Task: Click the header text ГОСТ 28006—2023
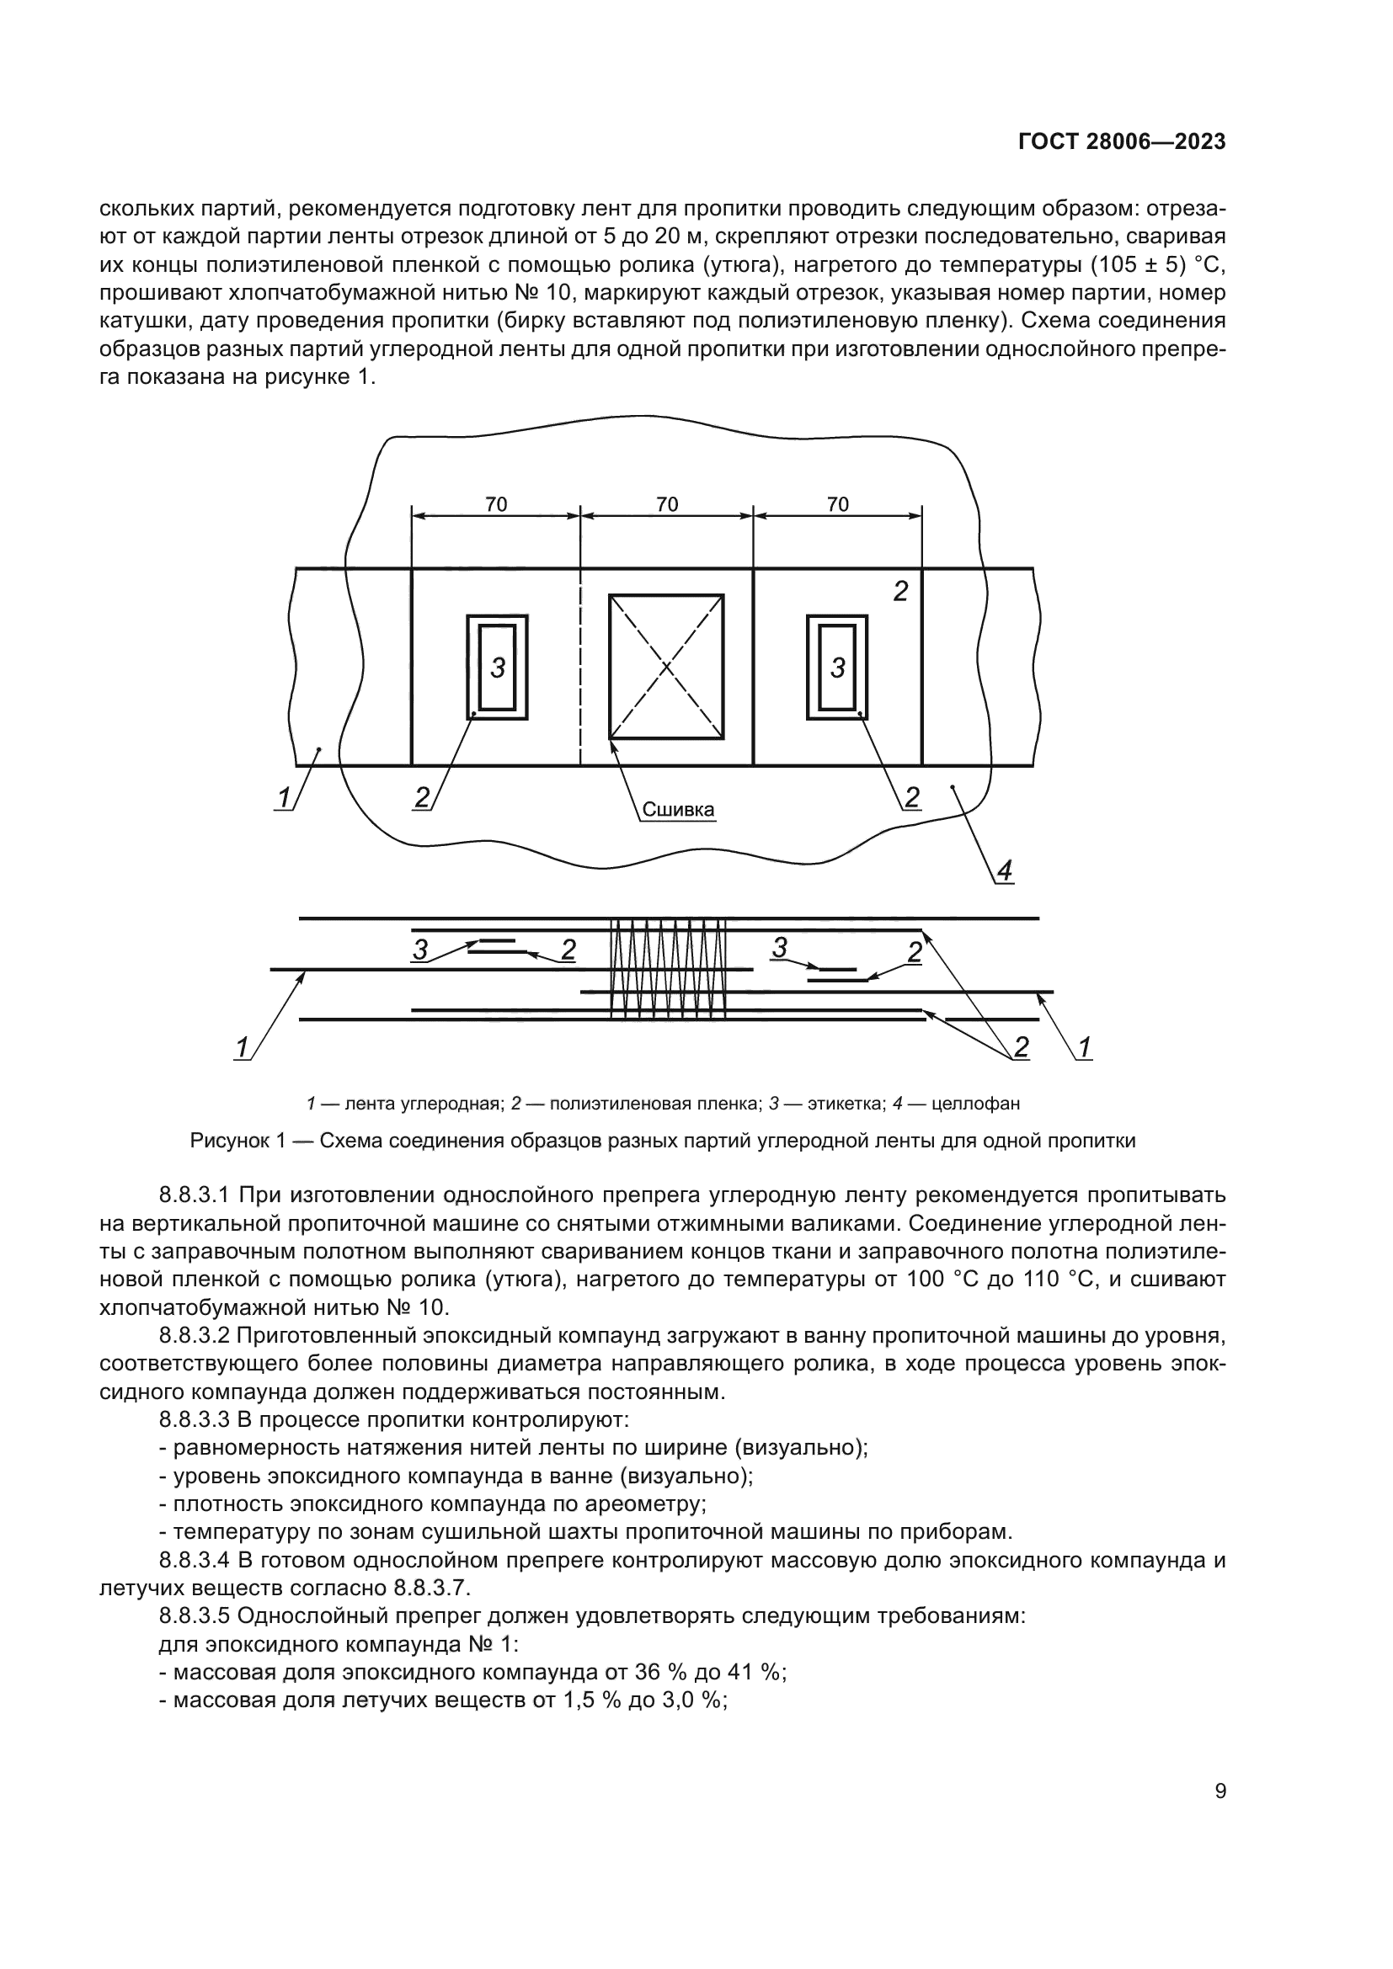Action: pyautogui.click(x=1122, y=142)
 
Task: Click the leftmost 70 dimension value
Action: pyautogui.click(x=496, y=504)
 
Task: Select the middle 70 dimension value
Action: pyautogui.click(x=666, y=504)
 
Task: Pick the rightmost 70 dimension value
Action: pyautogui.click(x=837, y=504)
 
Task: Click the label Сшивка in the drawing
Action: pyautogui.click(x=679, y=810)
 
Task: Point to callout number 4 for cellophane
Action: pyautogui.click(x=1004, y=871)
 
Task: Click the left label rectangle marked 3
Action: pyautogui.click(x=498, y=668)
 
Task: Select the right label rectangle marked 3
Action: pyautogui.click(x=838, y=668)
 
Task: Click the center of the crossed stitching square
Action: pyautogui.click(x=666, y=668)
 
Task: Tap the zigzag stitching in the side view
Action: pyautogui.click(x=667, y=969)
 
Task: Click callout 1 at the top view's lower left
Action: pyautogui.click(x=282, y=797)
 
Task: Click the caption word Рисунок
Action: pyautogui.click(x=225, y=1141)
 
